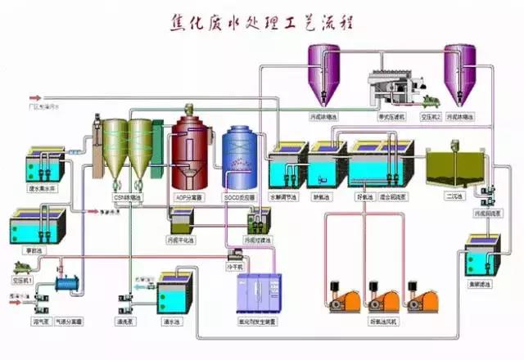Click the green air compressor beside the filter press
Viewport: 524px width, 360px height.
tap(430, 101)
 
